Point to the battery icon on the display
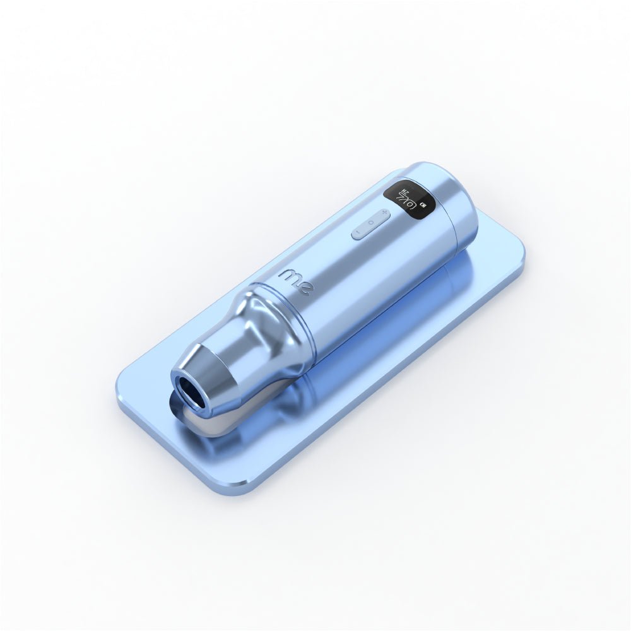[422, 206]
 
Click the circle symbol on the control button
[371, 222]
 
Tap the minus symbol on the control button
[358, 232]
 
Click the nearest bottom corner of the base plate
[243, 489]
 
